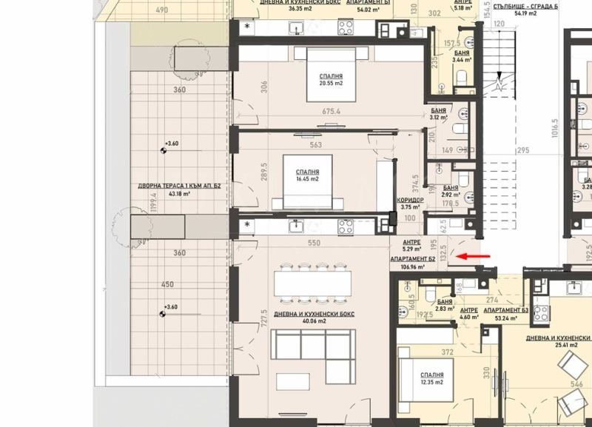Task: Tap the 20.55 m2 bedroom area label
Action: [330, 84]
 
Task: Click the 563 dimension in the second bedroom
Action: [315, 145]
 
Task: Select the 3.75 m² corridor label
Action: [409, 208]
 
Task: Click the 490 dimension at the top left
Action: [163, 10]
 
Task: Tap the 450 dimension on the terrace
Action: [167, 284]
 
